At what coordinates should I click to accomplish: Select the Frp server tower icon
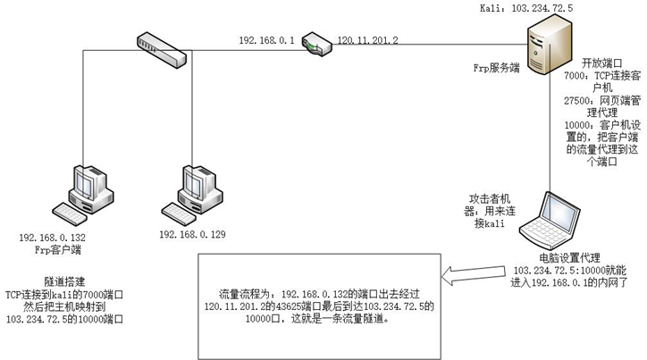[543, 52]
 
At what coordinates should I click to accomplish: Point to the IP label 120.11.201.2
[367, 40]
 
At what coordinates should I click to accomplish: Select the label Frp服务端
[496, 67]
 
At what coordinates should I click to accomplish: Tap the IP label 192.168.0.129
[192, 234]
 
